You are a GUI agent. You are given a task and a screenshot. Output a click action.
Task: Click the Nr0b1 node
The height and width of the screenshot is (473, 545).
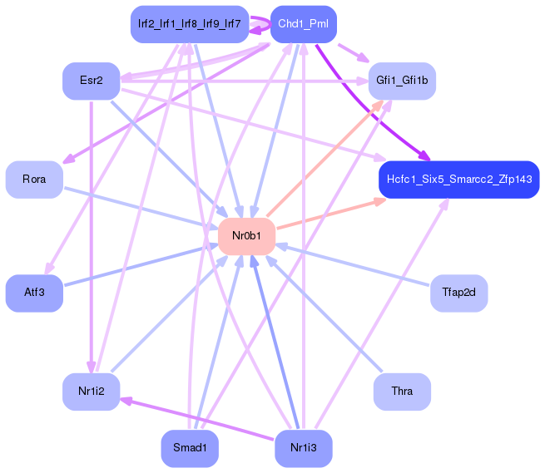coord(246,236)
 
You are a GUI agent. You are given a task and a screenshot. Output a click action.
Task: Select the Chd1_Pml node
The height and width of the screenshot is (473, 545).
coord(304,24)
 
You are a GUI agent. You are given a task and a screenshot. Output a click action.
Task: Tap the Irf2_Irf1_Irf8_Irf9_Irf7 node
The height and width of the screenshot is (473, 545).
coord(190,24)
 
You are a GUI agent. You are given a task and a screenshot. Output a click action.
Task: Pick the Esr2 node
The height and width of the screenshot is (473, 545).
coord(92,81)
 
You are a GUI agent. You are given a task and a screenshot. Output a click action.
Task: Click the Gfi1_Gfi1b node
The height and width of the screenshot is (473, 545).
coord(402,81)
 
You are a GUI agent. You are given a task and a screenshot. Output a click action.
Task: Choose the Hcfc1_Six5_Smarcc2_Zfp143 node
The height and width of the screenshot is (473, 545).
coord(459,180)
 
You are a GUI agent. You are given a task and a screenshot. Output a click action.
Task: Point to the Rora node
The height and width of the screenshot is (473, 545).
coord(34,180)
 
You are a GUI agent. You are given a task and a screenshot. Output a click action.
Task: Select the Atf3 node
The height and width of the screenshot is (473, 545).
coord(34,293)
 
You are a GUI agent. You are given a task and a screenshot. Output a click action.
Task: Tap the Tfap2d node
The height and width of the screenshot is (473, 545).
coord(459,293)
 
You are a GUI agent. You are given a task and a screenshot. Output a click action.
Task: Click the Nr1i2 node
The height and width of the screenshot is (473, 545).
coord(92,392)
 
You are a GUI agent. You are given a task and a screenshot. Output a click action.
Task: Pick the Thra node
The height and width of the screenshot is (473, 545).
coord(402,392)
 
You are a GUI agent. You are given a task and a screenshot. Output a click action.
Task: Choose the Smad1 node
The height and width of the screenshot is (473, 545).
coord(190,448)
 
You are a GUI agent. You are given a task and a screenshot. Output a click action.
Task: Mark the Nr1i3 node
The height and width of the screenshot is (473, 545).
coord(304,448)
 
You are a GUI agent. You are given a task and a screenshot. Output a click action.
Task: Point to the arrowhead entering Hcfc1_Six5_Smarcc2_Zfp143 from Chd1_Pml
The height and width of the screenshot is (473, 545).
coord(424,155)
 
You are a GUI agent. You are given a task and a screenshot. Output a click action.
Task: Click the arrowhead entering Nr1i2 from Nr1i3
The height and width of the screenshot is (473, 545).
coord(126,401)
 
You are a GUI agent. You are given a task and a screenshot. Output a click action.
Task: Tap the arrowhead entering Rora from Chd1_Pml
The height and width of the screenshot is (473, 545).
coord(68,159)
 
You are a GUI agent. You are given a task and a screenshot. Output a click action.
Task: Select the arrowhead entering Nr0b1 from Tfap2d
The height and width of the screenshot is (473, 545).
coord(281,246)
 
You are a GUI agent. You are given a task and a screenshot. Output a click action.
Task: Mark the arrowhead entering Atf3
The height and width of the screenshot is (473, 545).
coord(49,269)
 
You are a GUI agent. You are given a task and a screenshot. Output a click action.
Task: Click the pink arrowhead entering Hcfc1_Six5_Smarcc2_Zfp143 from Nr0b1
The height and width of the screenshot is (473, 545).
coord(380,201)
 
